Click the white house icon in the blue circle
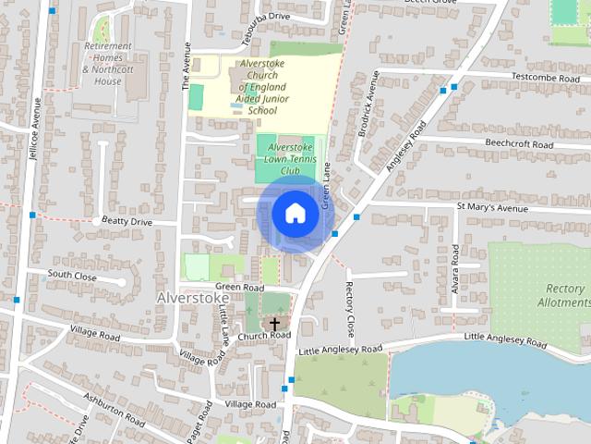point(295,213)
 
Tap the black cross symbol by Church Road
point(274,323)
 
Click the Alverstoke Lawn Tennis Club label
point(290,159)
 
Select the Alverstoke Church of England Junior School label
point(262,86)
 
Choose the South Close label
point(71,275)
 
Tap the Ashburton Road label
point(115,410)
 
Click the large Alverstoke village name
point(192,299)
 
